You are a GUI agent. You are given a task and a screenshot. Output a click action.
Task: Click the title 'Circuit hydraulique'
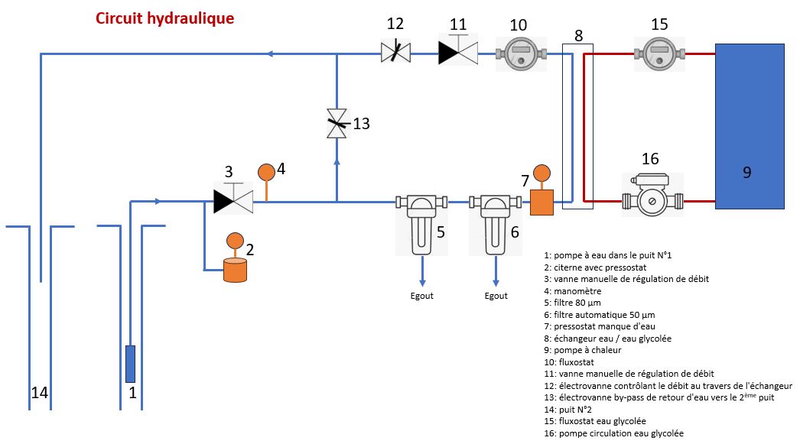(165, 18)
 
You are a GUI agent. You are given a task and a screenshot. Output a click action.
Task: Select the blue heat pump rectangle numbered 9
(749, 126)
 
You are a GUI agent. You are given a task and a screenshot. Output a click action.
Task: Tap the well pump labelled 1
(130, 364)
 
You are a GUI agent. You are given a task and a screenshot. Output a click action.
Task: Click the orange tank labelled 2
(235, 271)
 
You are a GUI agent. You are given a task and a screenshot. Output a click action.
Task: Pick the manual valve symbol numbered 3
(233, 200)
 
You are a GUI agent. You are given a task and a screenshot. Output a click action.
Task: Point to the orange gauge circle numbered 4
(266, 172)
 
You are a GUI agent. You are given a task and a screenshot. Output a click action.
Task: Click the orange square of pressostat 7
(543, 203)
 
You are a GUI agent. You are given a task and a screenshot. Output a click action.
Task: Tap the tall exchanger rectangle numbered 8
(577, 126)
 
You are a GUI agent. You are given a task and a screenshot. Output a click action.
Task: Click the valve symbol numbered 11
(458, 51)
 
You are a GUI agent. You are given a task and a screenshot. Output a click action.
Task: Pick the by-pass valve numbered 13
(337, 124)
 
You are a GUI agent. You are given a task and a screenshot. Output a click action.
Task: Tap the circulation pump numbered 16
(651, 200)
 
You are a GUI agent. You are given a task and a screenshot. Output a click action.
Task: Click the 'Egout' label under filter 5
(421, 296)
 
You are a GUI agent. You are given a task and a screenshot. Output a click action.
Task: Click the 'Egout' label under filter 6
(496, 296)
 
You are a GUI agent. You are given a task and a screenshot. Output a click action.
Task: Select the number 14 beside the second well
(40, 393)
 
